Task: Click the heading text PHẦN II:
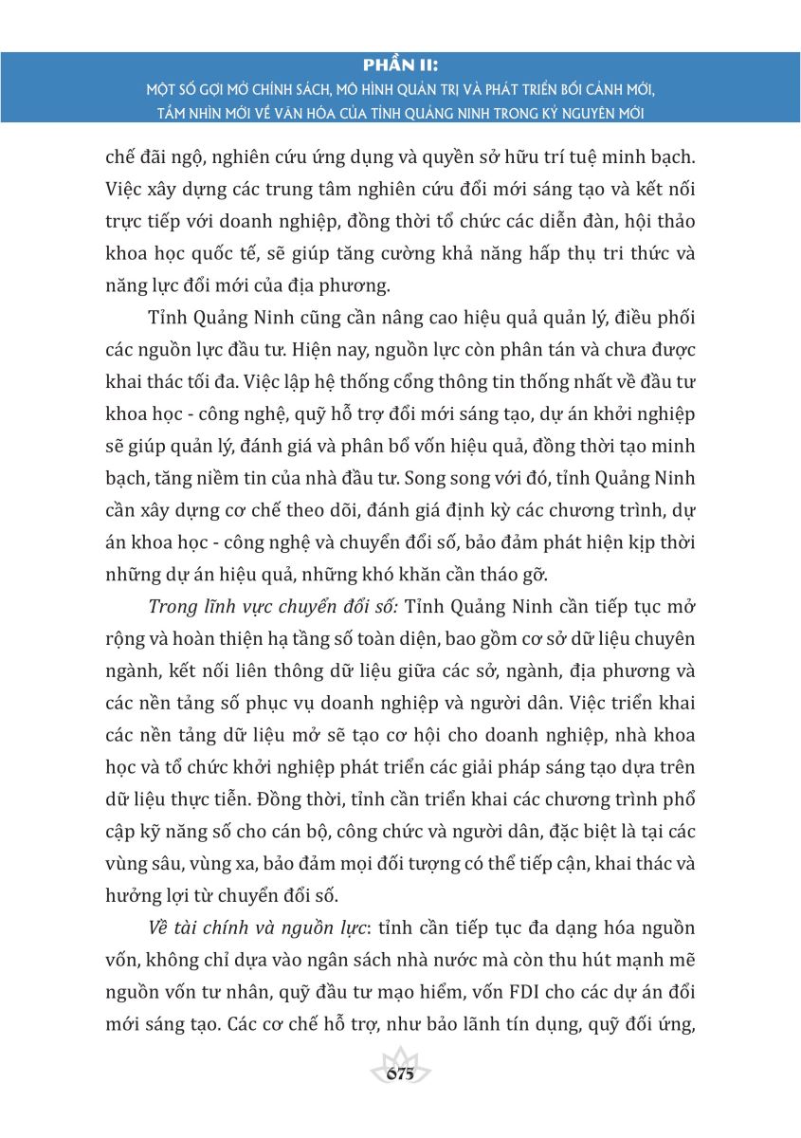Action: click(x=400, y=64)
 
